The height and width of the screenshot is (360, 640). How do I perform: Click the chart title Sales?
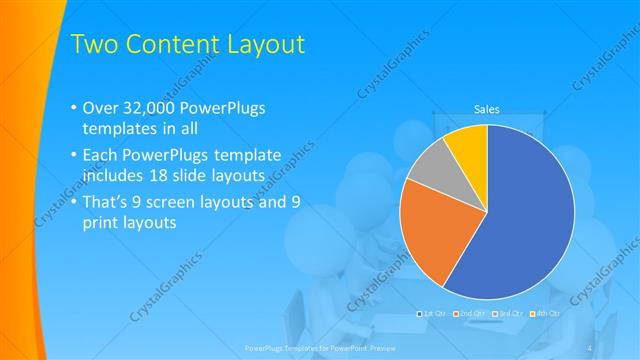(x=486, y=110)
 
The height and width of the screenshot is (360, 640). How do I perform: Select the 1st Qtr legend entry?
(x=431, y=314)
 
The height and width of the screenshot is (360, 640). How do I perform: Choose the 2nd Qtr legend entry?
(x=469, y=314)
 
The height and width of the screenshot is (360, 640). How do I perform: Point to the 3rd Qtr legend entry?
(x=507, y=314)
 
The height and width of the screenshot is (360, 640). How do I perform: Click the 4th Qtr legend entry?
(x=544, y=314)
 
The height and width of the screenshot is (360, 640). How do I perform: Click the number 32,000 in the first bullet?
(x=148, y=108)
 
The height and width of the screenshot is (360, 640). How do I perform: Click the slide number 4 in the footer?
(x=590, y=347)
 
